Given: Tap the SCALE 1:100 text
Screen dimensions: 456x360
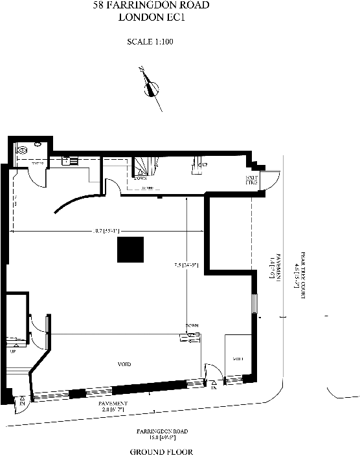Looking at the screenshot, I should [x=150, y=42].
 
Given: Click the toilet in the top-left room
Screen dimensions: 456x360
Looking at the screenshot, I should [x=23, y=150].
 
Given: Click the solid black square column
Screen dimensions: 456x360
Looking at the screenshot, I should [x=130, y=250].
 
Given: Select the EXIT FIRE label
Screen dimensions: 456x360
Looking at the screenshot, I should [x=251, y=180].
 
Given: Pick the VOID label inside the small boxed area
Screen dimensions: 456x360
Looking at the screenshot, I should [x=237, y=358].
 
